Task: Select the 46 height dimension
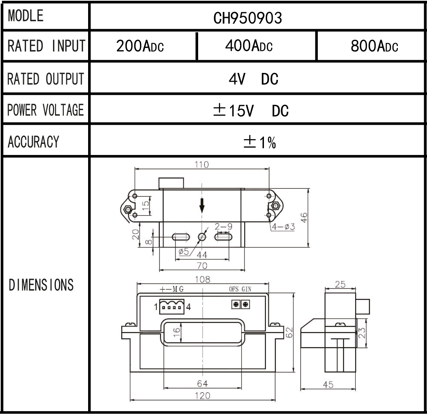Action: pos(304,218)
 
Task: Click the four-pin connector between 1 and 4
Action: pos(172,306)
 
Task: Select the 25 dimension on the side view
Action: pos(340,285)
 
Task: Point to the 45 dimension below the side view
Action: pos(328,384)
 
